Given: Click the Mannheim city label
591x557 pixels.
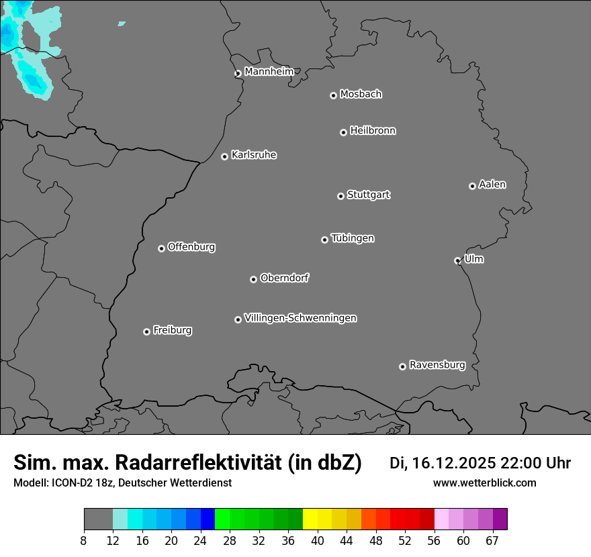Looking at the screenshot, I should pyautogui.click(x=269, y=72).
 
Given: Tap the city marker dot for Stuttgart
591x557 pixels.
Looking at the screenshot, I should pyautogui.click(x=340, y=196).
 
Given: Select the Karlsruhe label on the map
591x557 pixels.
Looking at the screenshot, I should pyautogui.click(x=254, y=155).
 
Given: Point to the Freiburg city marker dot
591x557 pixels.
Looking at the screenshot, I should pyautogui.click(x=146, y=332).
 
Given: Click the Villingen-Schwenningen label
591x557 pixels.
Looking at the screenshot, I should pyautogui.click(x=300, y=318).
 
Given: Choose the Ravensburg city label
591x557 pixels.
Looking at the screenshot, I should pyautogui.click(x=437, y=365).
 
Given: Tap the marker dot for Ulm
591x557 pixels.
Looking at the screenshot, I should pyautogui.click(x=457, y=260).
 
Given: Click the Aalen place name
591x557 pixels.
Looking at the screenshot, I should pyautogui.click(x=492, y=185).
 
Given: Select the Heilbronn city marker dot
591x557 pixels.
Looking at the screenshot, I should pyautogui.click(x=343, y=132).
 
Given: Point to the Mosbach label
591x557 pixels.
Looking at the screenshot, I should pyautogui.click(x=361, y=95).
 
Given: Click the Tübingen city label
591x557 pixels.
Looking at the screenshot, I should pyautogui.click(x=353, y=238).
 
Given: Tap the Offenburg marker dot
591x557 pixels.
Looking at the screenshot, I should pyautogui.click(x=161, y=248).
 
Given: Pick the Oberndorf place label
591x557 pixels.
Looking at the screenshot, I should pyautogui.click(x=284, y=278).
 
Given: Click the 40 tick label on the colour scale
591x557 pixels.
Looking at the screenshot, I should pyautogui.click(x=318, y=541).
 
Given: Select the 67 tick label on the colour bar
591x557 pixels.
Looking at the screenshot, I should pyautogui.click(x=492, y=541).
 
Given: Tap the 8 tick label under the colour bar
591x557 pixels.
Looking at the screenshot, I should pyautogui.click(x=84, y=541).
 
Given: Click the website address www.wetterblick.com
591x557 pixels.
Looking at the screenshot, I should pyautogui.click(x=484, y=483).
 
